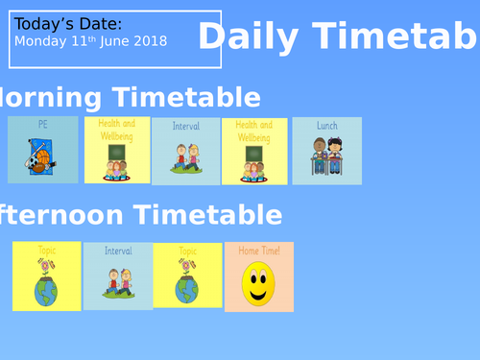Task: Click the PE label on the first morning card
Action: click(x=42, y=124)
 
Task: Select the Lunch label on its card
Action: click(x=327, y=125)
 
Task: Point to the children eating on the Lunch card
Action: click(x=326, y=156)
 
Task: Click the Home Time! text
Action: click(x=259, y=251)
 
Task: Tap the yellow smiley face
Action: click(x=258, y=285)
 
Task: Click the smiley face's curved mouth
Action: click(x=258, y=294)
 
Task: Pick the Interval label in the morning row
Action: click(x=185, y=126)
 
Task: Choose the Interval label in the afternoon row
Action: click(x=118, y=252)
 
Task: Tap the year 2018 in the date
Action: click(x=150, y=41)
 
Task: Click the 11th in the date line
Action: click(x=83, y=41)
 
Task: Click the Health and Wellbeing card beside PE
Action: click(x=117, y=150)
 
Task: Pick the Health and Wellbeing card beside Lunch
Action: click(x=254, y=151)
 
